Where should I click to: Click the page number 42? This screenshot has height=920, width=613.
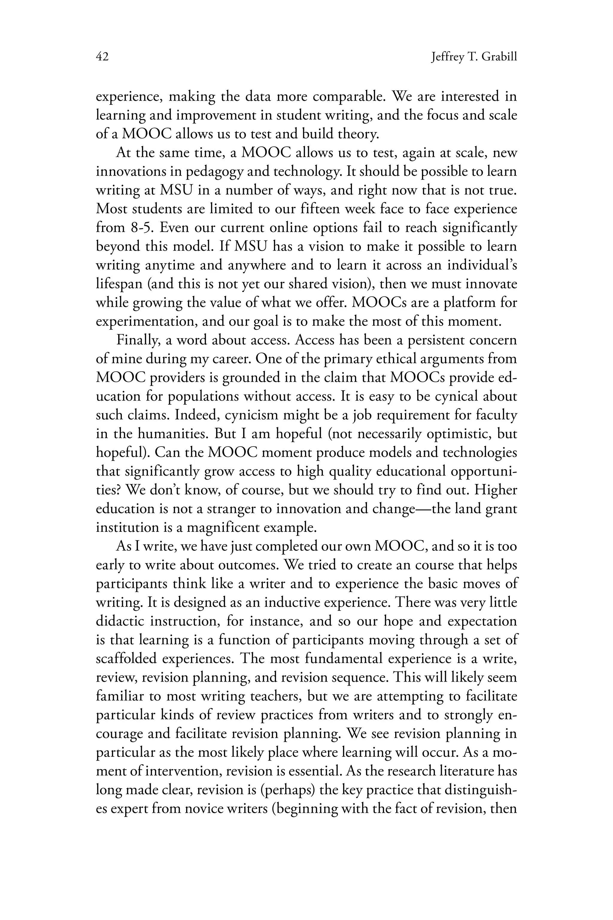pos(102,57)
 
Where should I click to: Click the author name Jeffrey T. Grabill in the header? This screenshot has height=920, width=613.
pos(474,57)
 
